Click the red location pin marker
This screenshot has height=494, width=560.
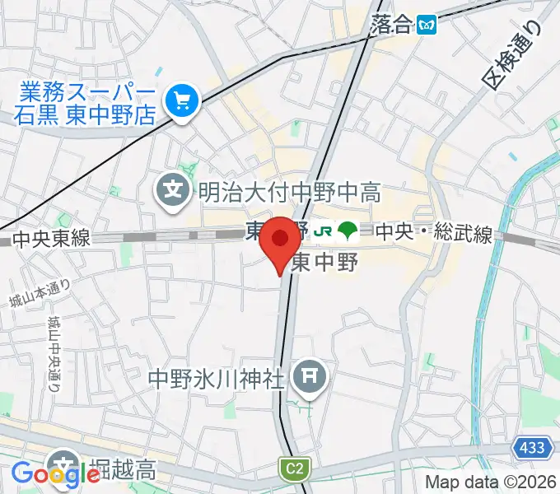pos(281,240)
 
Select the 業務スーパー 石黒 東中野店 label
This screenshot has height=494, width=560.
pos(83,101)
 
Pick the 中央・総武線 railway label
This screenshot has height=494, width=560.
pos(433,235)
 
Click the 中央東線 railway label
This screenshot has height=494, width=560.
pos(51,239)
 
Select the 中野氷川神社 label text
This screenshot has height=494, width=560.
pos(216,379)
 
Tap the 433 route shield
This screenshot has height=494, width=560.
pos(532,448)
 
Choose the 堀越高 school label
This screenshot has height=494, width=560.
pos(124,471)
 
